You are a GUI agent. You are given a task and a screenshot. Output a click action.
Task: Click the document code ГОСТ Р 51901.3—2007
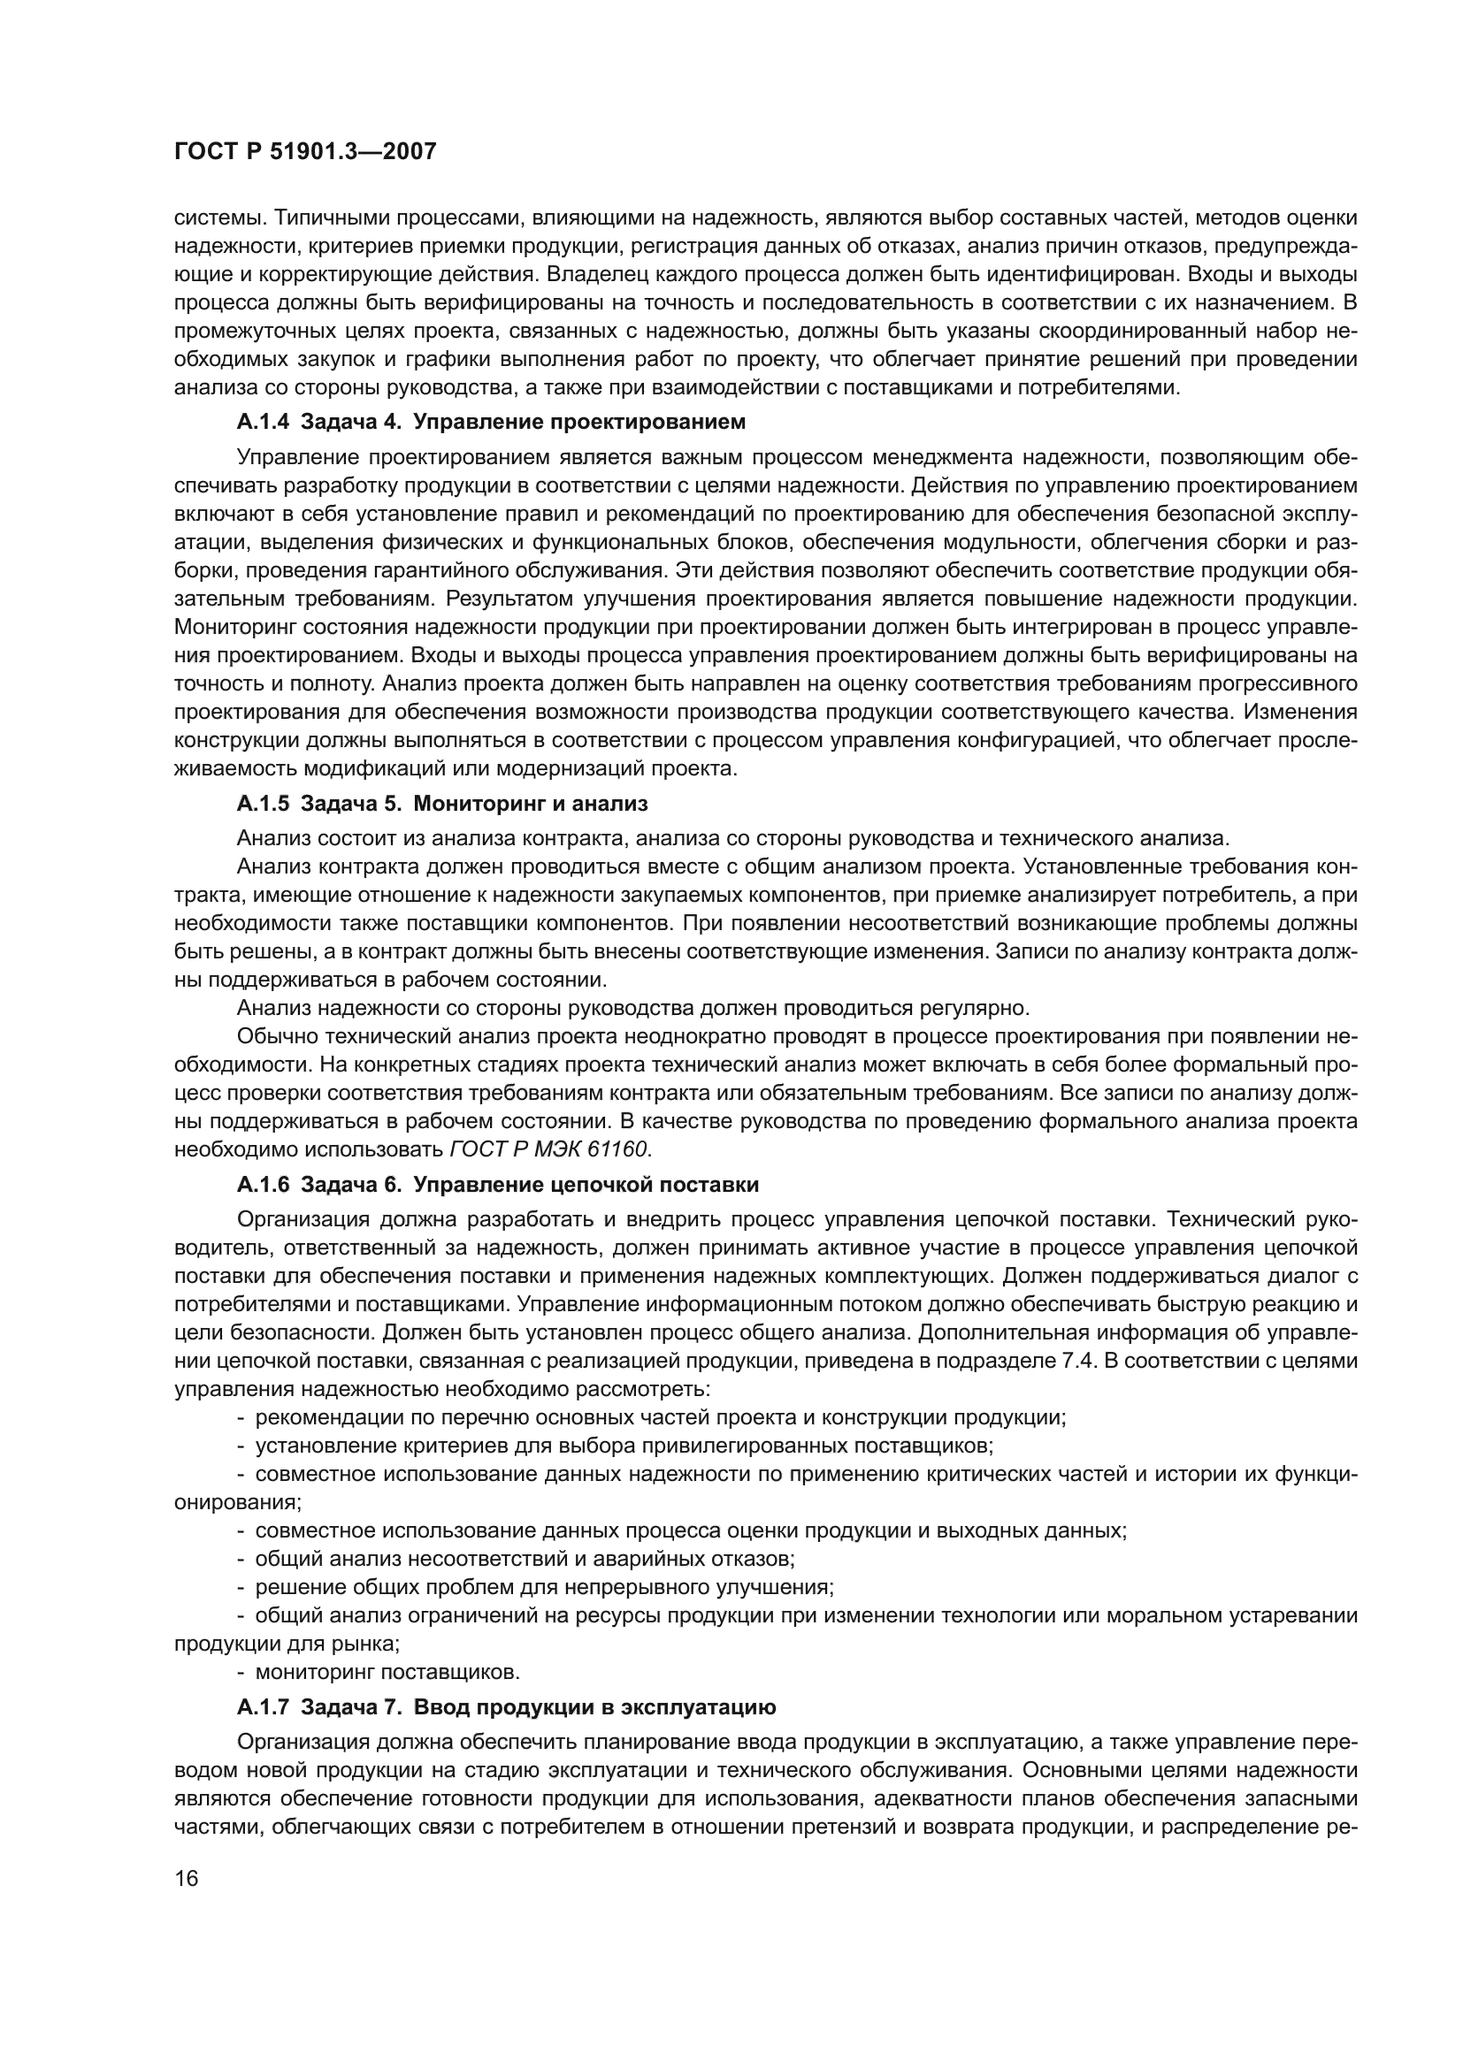[x=304, y=152]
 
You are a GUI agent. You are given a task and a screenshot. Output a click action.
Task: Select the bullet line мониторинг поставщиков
[x=387, y=1672]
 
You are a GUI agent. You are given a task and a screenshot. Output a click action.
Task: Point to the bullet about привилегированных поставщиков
[x=624, y=1446]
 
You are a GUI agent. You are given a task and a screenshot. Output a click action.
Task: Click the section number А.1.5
[x=263, y=803]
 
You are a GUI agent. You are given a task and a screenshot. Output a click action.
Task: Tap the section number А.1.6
[x=263, y=1184]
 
